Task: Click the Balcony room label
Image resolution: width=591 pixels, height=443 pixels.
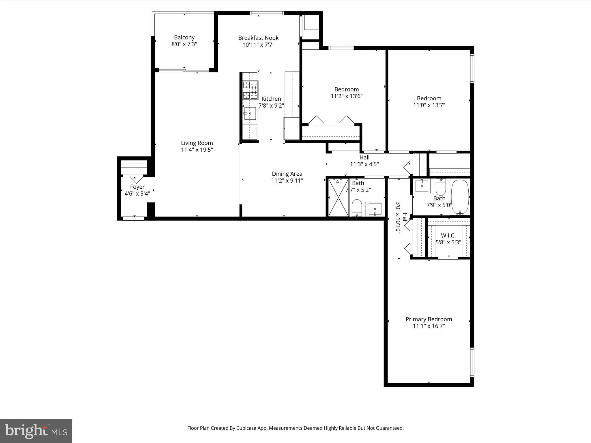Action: coord(184,37)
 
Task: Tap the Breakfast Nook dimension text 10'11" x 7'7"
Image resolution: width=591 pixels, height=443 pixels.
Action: coord(258,45)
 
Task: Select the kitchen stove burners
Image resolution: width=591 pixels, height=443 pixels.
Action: coord(250,89)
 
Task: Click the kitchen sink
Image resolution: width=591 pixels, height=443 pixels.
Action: coord(250,114)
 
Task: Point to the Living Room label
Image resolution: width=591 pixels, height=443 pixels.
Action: coord(197,143)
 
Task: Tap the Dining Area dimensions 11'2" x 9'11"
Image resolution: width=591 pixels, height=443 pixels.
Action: coord(287,181)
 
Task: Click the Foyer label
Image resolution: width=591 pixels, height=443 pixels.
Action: coord(137,187)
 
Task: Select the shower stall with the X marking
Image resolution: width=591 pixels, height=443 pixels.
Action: coord(338,197)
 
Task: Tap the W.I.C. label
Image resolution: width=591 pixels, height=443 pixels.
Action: coord(448,236)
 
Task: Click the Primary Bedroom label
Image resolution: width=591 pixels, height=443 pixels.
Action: coord(429,319)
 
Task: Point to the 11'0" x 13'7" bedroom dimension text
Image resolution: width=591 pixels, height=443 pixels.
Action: coord(429,105)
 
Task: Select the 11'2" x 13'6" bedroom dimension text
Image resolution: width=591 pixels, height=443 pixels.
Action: coord(346,96)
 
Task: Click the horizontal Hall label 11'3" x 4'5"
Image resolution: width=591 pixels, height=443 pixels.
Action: coord(364,161)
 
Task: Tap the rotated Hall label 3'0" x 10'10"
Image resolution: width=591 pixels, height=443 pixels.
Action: coord(401,218)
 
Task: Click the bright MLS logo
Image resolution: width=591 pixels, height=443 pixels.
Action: coord(36,431)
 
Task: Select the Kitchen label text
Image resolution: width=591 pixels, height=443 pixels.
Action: coord(271,99)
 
